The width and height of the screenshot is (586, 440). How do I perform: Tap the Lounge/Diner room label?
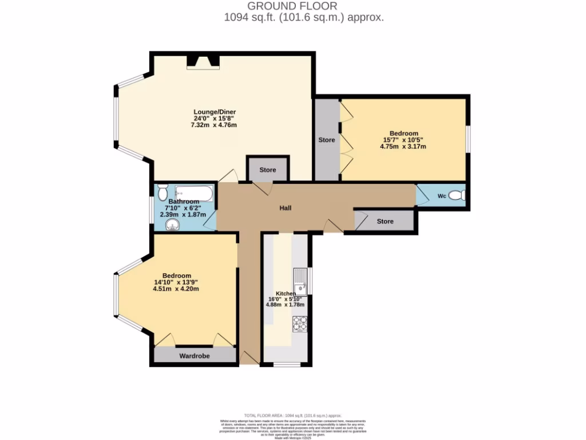[x=215, y=112]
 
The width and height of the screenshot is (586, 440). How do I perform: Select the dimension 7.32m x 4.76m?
[x=215, y=125]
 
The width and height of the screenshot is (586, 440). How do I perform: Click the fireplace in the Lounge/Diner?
[x=204, y=61]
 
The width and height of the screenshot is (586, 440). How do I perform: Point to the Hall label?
[x=286, y=208]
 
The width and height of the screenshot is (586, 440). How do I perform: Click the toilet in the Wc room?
[x=456, y=196]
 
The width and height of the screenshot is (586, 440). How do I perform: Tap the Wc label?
[x=442, y=197]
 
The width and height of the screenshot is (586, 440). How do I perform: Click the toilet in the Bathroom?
[x=162, y=191]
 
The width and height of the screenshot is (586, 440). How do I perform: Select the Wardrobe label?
[x=195, y=356]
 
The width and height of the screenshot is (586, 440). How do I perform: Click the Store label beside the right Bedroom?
[x=327, y=140]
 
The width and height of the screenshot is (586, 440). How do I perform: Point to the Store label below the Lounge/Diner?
[x=268, y=170]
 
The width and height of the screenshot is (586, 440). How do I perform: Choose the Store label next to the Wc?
[x=385, y=221]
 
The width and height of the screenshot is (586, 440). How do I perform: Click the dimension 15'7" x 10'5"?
[x=403, y=140]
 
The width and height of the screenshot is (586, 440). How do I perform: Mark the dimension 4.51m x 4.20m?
[x=176, y=289]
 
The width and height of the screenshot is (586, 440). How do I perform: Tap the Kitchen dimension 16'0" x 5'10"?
[x=286, y=298]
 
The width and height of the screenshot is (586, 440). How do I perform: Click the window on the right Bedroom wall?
[x=468, y=139]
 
